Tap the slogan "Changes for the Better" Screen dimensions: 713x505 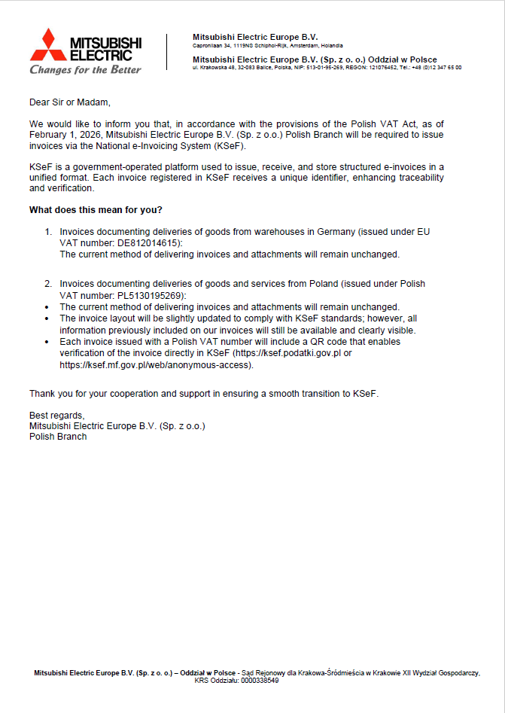point(85,70)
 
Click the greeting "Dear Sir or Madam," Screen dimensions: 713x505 point(70,102)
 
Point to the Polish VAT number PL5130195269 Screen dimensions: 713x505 point(151,295)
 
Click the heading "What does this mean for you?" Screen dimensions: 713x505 point(96,209)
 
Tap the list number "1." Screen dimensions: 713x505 point(48,232)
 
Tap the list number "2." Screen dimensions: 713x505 point(48,284)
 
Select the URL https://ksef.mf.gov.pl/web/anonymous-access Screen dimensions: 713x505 point(156,364)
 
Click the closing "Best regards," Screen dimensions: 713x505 point(57,416)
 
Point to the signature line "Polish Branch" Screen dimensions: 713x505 point(58,437)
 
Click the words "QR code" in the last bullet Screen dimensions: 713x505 point(318,342)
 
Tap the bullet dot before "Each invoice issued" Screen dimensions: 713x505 point(47,342)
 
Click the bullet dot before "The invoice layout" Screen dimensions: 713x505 point(47,318)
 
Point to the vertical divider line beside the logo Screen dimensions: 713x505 point(166,51)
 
